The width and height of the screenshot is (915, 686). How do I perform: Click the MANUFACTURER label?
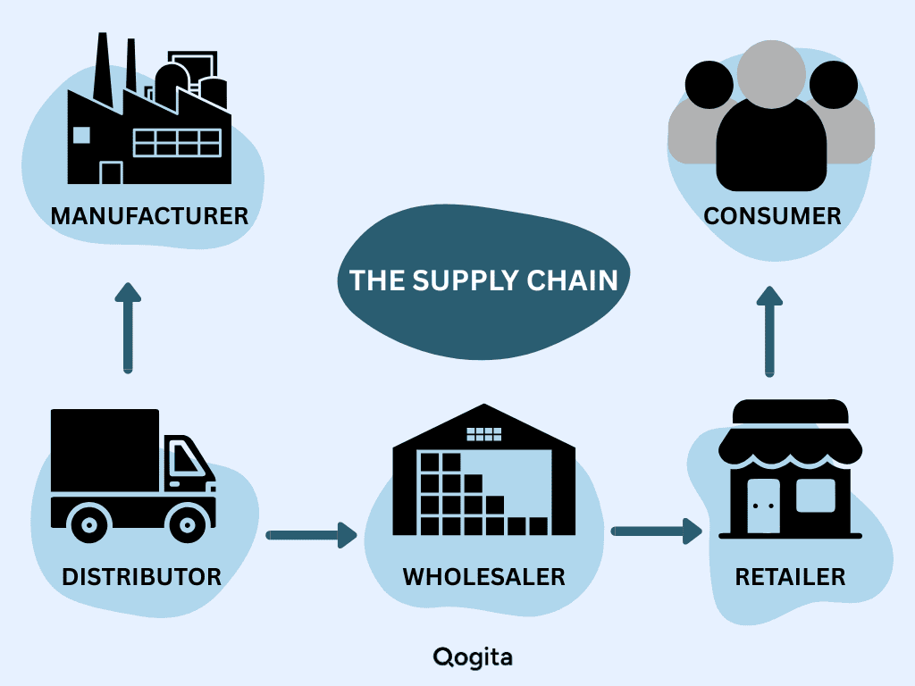tap(149, 216)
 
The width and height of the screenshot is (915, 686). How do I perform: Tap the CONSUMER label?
tap(772, 216)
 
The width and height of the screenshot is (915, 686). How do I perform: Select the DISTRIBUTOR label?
tap(142, 576)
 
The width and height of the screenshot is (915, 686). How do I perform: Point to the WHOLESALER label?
tap(483, 576)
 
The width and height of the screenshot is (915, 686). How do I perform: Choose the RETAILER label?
tap(790, 576)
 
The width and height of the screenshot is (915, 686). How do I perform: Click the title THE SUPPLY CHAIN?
tap(483, 280)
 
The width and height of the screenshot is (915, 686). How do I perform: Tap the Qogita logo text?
tap(473, 658)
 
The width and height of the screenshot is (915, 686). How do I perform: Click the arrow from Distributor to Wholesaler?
tap(312, 536)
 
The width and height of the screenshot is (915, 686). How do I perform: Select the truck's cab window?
tap(185, 461)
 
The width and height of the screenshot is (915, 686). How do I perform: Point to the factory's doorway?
tap(111, 172)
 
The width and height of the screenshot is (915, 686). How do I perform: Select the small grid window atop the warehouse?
tap(484, 434)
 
